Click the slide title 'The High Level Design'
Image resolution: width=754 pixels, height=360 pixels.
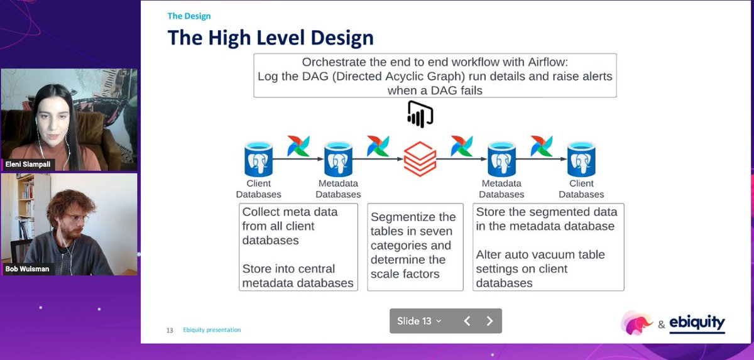click(x=270, y=38)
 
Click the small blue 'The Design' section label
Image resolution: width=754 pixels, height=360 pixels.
click(x=189, y=16)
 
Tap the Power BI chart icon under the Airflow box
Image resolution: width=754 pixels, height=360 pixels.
click(x=420, y=114)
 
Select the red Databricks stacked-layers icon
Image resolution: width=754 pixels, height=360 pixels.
click(x=420, y=159)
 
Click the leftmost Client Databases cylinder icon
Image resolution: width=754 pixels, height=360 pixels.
click(x=258, y=159)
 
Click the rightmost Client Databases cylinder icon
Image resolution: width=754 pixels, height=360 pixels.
click(x=581, y=159)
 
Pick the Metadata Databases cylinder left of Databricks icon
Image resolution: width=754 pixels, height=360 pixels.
click(x=338, y=159)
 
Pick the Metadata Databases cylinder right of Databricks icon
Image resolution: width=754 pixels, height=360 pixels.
click(x=501, y=159)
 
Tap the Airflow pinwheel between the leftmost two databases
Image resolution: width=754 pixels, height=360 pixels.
click(x=298, y=146)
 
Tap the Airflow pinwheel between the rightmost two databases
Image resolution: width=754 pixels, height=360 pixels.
click(x=541, y=146)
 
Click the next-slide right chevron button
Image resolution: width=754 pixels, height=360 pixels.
click(x=489, y=321)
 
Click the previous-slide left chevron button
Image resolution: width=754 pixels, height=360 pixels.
click(x=467, y=321)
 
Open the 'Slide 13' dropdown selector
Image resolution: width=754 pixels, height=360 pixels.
click(x=419, y=321)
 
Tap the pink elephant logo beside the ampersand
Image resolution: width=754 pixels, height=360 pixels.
click(x=637, y=323)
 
